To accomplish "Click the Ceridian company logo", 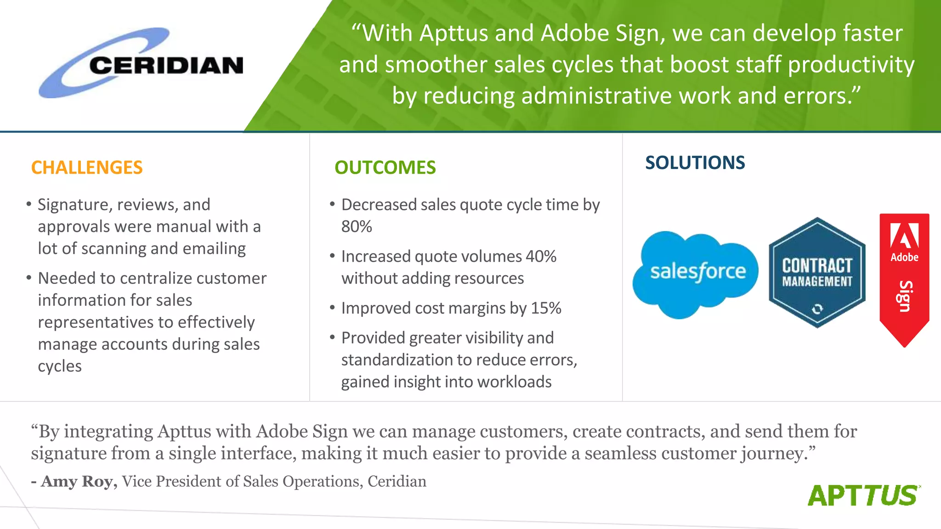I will (x=141, y=63).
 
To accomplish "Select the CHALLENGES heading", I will (x=87, y=168).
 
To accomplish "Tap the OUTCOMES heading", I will (x=385, y=168).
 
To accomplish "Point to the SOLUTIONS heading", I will (x=695, y=163).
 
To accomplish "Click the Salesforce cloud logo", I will (x=695, y=274).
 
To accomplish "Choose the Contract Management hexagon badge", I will (x=817, y=273).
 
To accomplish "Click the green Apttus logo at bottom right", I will (x=864, y=495).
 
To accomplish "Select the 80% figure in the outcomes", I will (x=357, y=226).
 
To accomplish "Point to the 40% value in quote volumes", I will (x=541, y=256).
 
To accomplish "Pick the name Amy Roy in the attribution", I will (x=79, y=481).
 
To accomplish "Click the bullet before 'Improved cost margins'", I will (x=332, y=308).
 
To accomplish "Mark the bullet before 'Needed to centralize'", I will (x=29, y=278).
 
